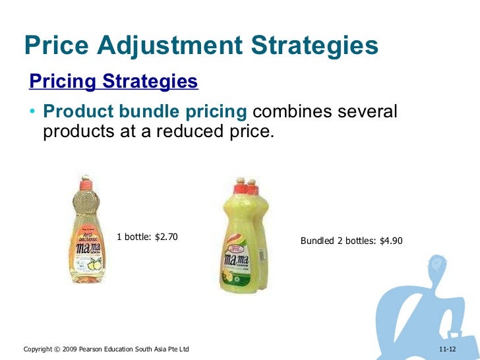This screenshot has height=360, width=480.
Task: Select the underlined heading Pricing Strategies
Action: tap(113, 82)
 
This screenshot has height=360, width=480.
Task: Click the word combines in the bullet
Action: tap(293, 111)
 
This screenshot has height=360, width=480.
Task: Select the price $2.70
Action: tap(165, 237)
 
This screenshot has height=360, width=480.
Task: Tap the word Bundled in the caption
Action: tap(316, 241)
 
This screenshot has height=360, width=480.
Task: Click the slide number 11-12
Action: tap(447, 348)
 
